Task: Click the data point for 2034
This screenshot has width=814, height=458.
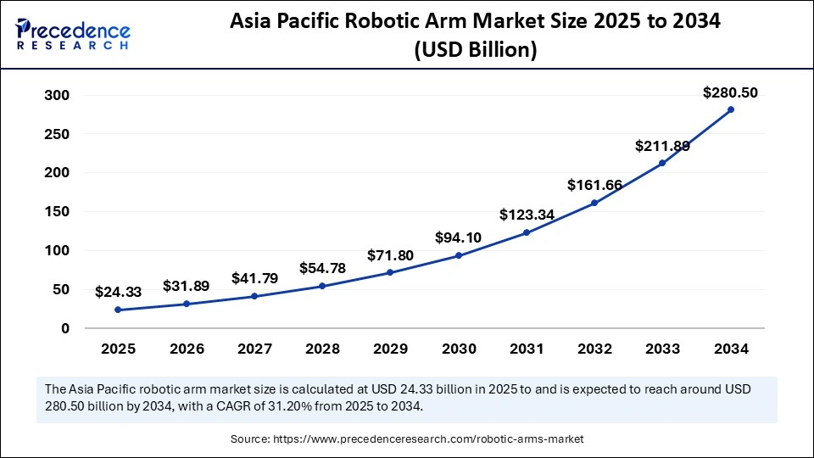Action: click(730, 109)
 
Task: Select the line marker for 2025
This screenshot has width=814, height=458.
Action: click(118, 310)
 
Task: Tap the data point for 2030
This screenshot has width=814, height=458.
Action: click(458, 255)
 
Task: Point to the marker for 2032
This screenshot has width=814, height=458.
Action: click(594, 203)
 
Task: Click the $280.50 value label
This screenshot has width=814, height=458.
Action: click(730, 93)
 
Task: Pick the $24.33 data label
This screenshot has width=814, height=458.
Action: click(118, 292)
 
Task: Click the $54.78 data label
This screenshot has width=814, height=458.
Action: click(322, 268)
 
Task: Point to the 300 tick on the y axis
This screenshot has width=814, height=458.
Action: click(58, 95)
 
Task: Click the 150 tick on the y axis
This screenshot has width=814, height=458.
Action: click(58, 212)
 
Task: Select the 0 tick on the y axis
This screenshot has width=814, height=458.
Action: click(64, 328)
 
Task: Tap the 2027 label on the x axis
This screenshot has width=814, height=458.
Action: click(254, 349)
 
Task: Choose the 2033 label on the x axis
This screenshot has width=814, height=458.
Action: click(662, 349)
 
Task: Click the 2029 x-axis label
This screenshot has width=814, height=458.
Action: click(390, 349)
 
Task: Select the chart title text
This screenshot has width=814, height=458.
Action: click(475, 36)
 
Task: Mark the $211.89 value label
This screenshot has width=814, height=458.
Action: click(662, 146)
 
